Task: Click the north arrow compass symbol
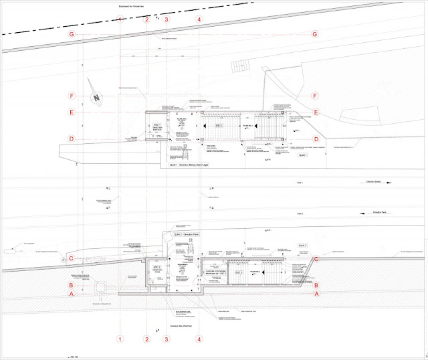click(x=97, y=99)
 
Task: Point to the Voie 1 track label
click(x=300, y=181)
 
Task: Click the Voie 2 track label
click(x=300, y=213)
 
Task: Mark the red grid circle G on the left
click(x=70, y=33)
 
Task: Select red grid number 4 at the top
click(x=199, y=19)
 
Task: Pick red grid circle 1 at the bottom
click(x=120, y=339)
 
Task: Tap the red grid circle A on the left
click(x=70, y=293)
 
